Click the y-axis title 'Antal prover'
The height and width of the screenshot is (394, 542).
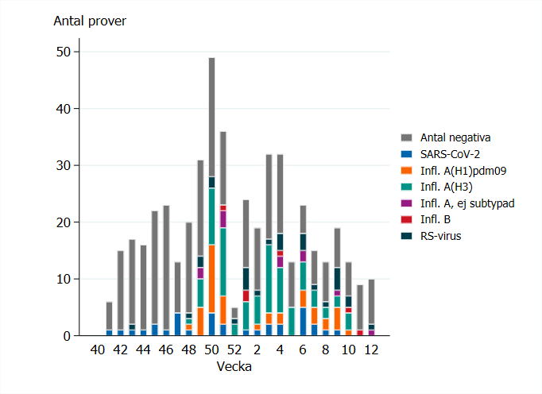point(89,21)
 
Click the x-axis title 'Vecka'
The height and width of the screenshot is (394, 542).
point(234,368)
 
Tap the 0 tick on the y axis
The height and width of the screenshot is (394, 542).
point(68,336)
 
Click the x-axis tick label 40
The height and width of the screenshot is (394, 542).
point(98,350)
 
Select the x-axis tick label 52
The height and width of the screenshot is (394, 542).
point(234,350)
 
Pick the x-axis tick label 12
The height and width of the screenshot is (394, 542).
point(371,350)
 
